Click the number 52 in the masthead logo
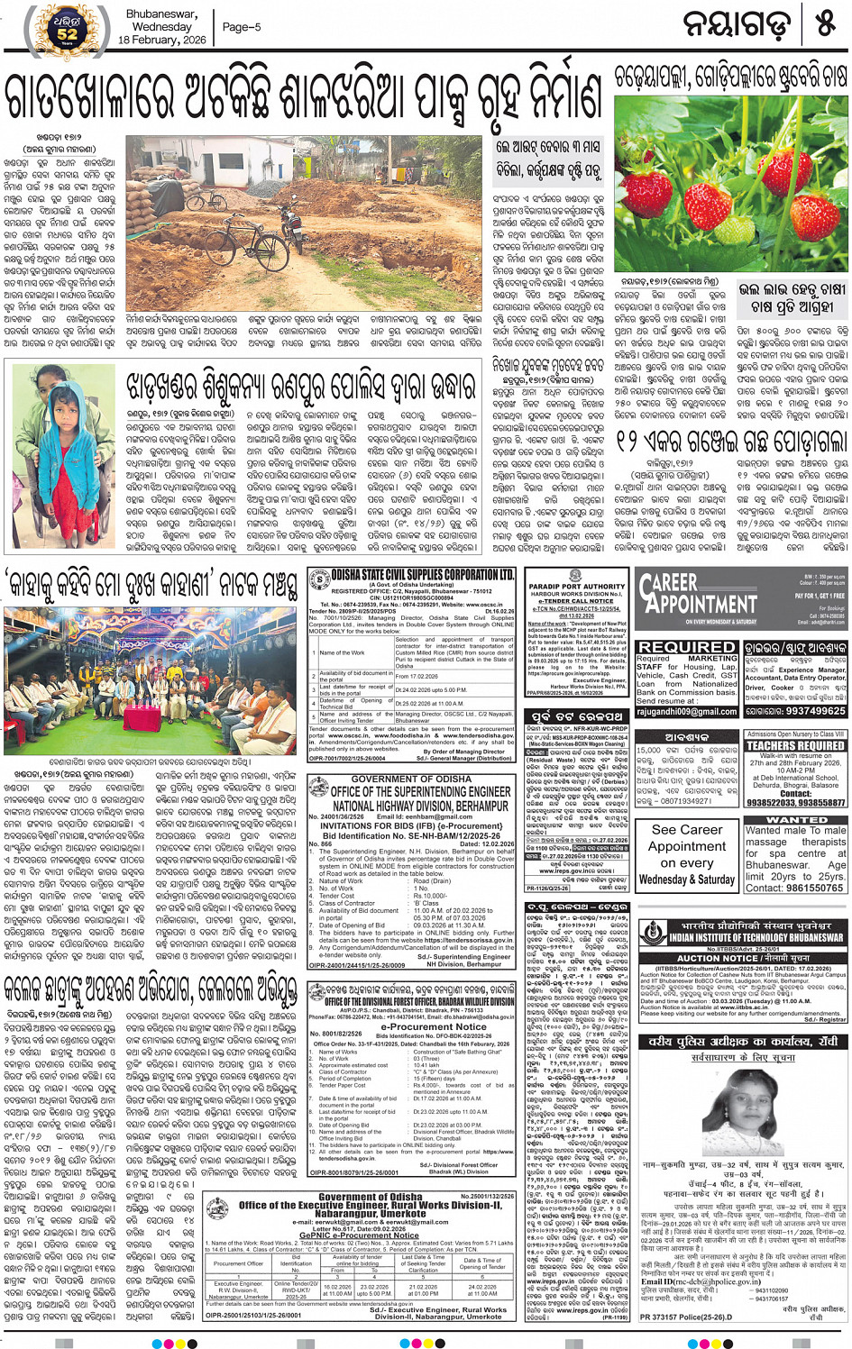click(68, 34)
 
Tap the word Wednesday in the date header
click(161, 27)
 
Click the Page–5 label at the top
click(242, 27)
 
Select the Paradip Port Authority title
click(576, 586)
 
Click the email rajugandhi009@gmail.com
click(687, 711)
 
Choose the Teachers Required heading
click(795, 746)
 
